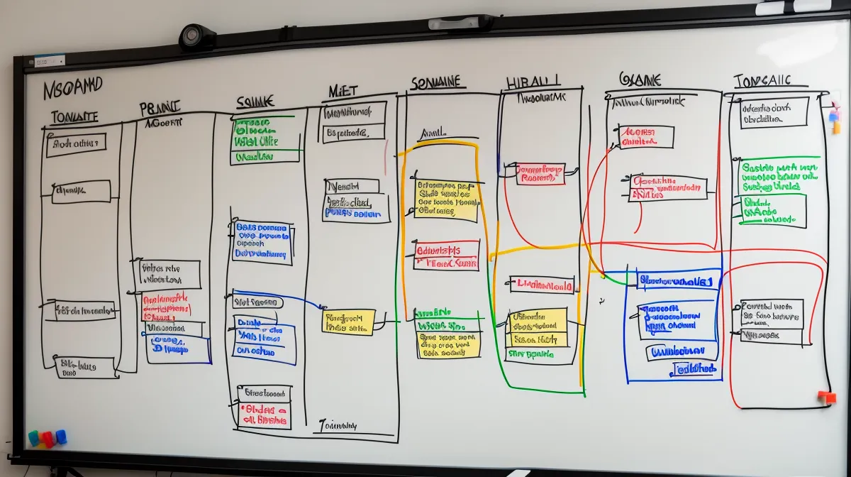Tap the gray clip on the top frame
tap(462, 23)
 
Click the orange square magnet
tap(826, 397)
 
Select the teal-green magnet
tap(33, 437)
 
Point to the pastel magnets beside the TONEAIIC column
tap(835, 118)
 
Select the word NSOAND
tap(73, 88)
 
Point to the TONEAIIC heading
tap(762, 81)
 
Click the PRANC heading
tap(160, 109)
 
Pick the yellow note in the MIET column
tap(348, 322)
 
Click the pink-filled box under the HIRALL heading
tap(540, 174)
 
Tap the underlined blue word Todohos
tap(695, 369)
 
